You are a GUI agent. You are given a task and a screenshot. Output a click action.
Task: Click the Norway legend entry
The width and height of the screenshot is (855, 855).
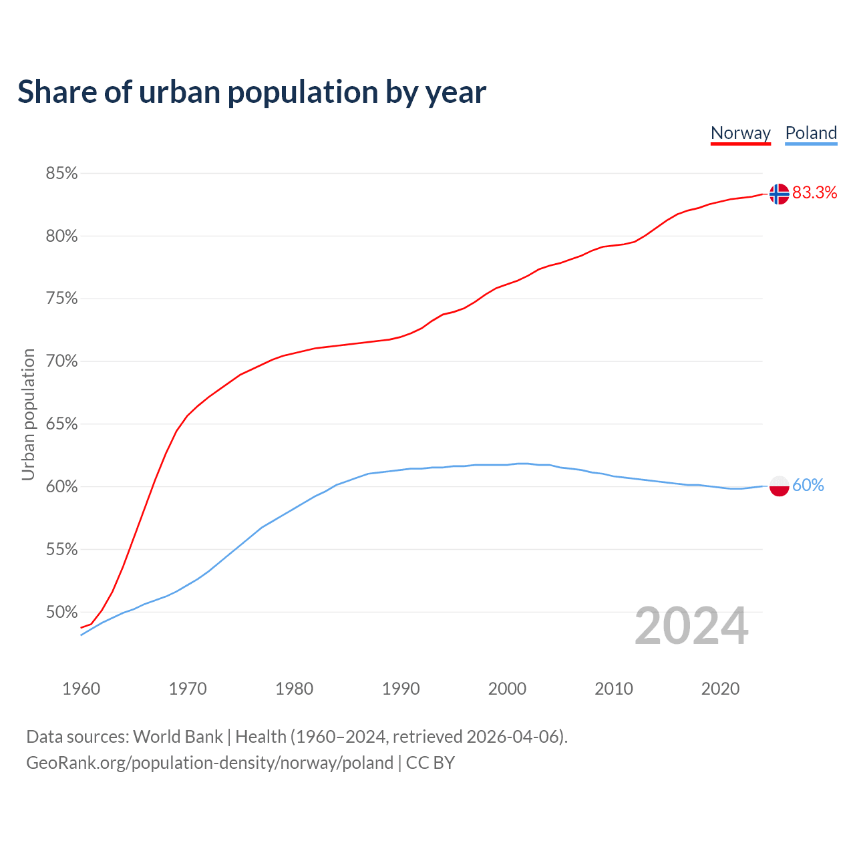[x=740, y=133]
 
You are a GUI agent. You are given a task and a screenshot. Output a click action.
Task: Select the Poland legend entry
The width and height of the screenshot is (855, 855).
[x=811, y=133]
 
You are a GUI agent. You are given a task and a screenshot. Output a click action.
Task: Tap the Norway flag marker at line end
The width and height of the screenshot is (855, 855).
[x=779, y=194]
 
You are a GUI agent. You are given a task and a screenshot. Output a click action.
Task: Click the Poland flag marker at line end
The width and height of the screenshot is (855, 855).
[x=779, y=486]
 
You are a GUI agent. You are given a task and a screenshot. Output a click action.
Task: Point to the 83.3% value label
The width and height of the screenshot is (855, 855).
[x=814, y=193]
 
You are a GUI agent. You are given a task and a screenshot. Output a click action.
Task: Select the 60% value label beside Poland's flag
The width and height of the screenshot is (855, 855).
[x=808, y=486]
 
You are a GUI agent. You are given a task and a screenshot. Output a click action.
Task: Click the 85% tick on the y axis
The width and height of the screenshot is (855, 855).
[x=61, y=174]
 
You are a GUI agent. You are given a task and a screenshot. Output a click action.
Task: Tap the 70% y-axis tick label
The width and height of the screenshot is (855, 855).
[x=61, y=361]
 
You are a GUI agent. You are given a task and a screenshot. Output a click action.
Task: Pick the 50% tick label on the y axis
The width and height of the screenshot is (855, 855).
[x=61, y=612]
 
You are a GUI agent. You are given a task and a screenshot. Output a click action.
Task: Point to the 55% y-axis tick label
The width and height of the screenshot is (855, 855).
[x=61, y=550]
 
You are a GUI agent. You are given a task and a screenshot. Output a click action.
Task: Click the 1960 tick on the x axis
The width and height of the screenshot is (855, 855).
[x=81, y=689]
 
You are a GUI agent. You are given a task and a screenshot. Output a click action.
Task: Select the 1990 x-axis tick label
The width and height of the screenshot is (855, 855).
[x=401, y=689]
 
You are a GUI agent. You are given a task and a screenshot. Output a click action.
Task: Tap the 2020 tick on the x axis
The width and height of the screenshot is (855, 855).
[x=720, y=689]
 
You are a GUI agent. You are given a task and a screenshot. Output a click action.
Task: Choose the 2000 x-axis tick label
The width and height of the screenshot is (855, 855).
[x=508, y=689]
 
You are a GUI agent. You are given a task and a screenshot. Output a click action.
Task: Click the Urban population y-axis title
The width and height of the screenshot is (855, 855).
[x=28, y=414]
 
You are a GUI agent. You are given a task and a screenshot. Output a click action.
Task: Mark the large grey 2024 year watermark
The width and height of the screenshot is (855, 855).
[x=691, y=626]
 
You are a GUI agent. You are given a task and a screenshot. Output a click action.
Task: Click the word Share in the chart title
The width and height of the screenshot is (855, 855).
[x=57, y=92]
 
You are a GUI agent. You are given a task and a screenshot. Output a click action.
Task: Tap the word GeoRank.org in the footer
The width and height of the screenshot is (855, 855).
[x=77, y=763]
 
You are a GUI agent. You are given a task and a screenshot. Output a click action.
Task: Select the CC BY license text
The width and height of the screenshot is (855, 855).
[x=430, y=763]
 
